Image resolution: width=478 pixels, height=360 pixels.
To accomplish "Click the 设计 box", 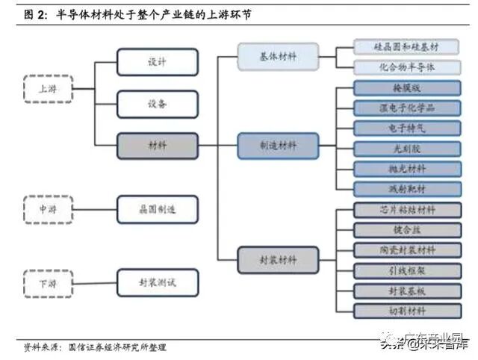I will coord(158,62).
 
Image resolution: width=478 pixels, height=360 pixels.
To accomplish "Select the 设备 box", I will coord(158,104).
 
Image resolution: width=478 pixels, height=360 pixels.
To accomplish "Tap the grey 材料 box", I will coord(158,146).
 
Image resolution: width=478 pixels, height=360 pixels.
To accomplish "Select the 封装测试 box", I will coord(158,282).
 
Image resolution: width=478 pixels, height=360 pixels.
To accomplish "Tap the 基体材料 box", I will coord(278,57).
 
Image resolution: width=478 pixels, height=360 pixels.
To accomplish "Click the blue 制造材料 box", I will coord(278,146).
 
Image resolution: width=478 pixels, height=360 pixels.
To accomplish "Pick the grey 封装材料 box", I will coord(278,260).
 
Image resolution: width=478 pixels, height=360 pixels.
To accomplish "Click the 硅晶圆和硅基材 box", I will coord(407,47).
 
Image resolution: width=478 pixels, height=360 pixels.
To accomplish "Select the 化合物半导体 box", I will coord(407,67).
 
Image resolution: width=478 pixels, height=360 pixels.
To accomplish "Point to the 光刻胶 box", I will coord(407,149).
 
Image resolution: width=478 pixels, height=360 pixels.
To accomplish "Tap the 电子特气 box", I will coord(407,128).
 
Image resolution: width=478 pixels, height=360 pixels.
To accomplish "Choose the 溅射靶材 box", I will coord(407,189).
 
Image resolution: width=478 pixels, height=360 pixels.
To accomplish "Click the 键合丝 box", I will coord(407,229).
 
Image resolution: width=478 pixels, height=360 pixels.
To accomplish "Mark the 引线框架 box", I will coord(407,270).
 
